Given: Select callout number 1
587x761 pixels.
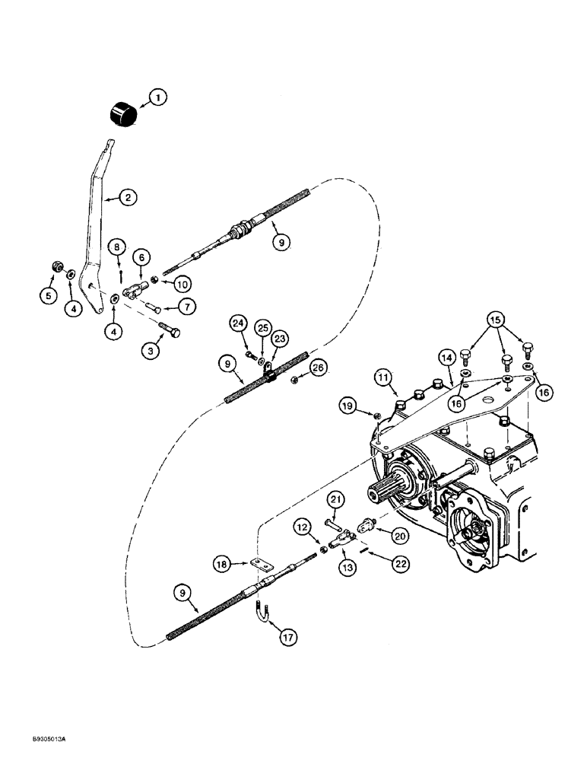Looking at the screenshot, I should coord(157,97).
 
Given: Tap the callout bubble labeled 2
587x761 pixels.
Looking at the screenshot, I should coord(128,198).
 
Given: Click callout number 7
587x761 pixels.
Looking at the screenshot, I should coord(187,307).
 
